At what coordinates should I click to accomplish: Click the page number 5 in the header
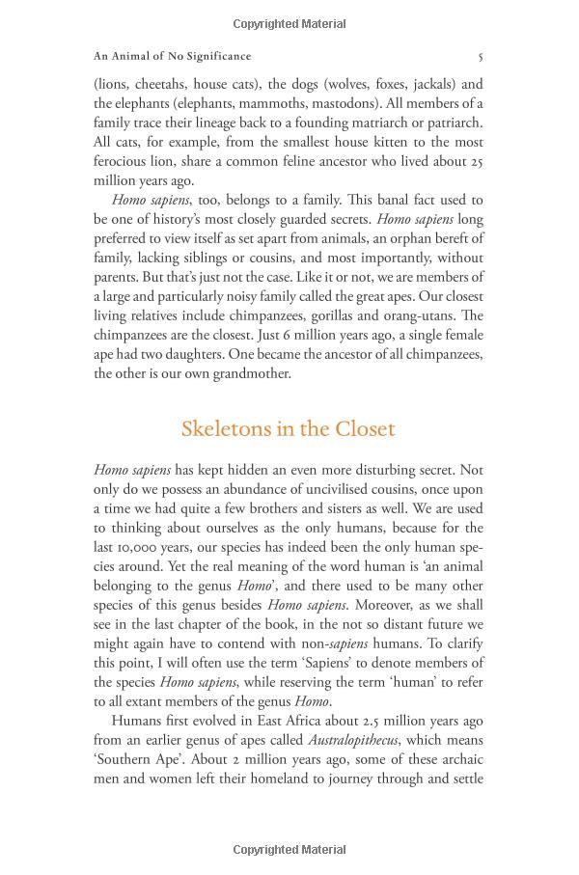click(481, 56)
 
